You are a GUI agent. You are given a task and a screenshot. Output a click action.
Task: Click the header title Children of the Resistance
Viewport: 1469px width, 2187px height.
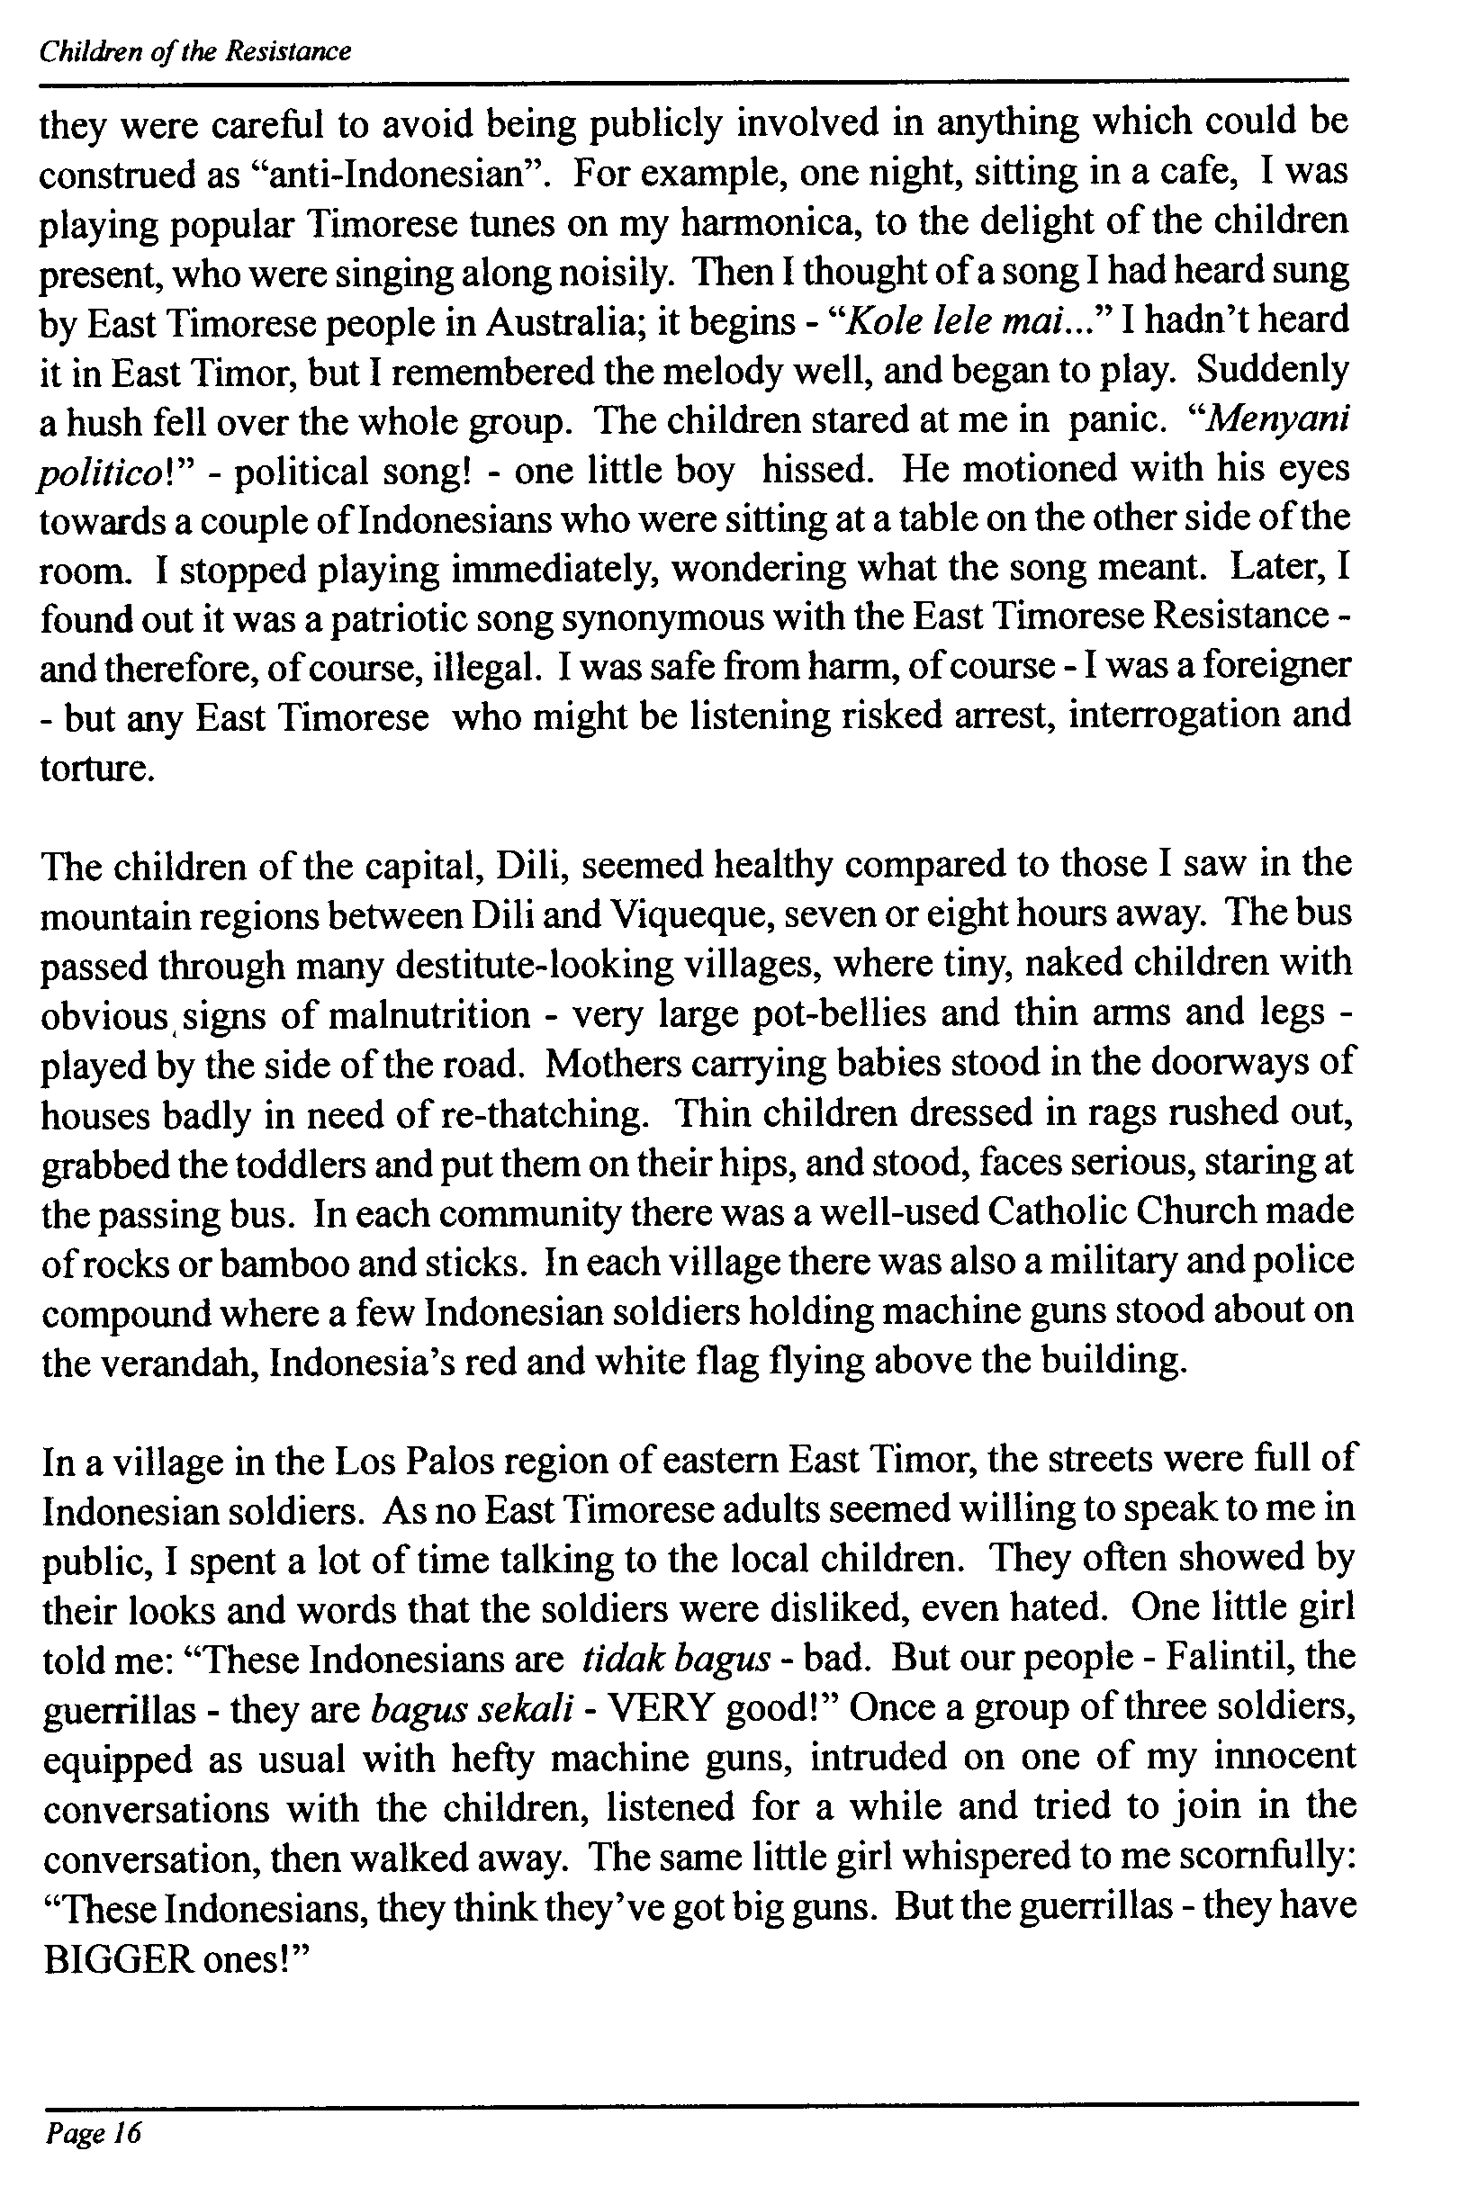coord(194,51)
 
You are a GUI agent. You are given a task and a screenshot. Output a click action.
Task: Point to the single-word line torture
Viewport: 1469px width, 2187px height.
coord(95,768)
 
